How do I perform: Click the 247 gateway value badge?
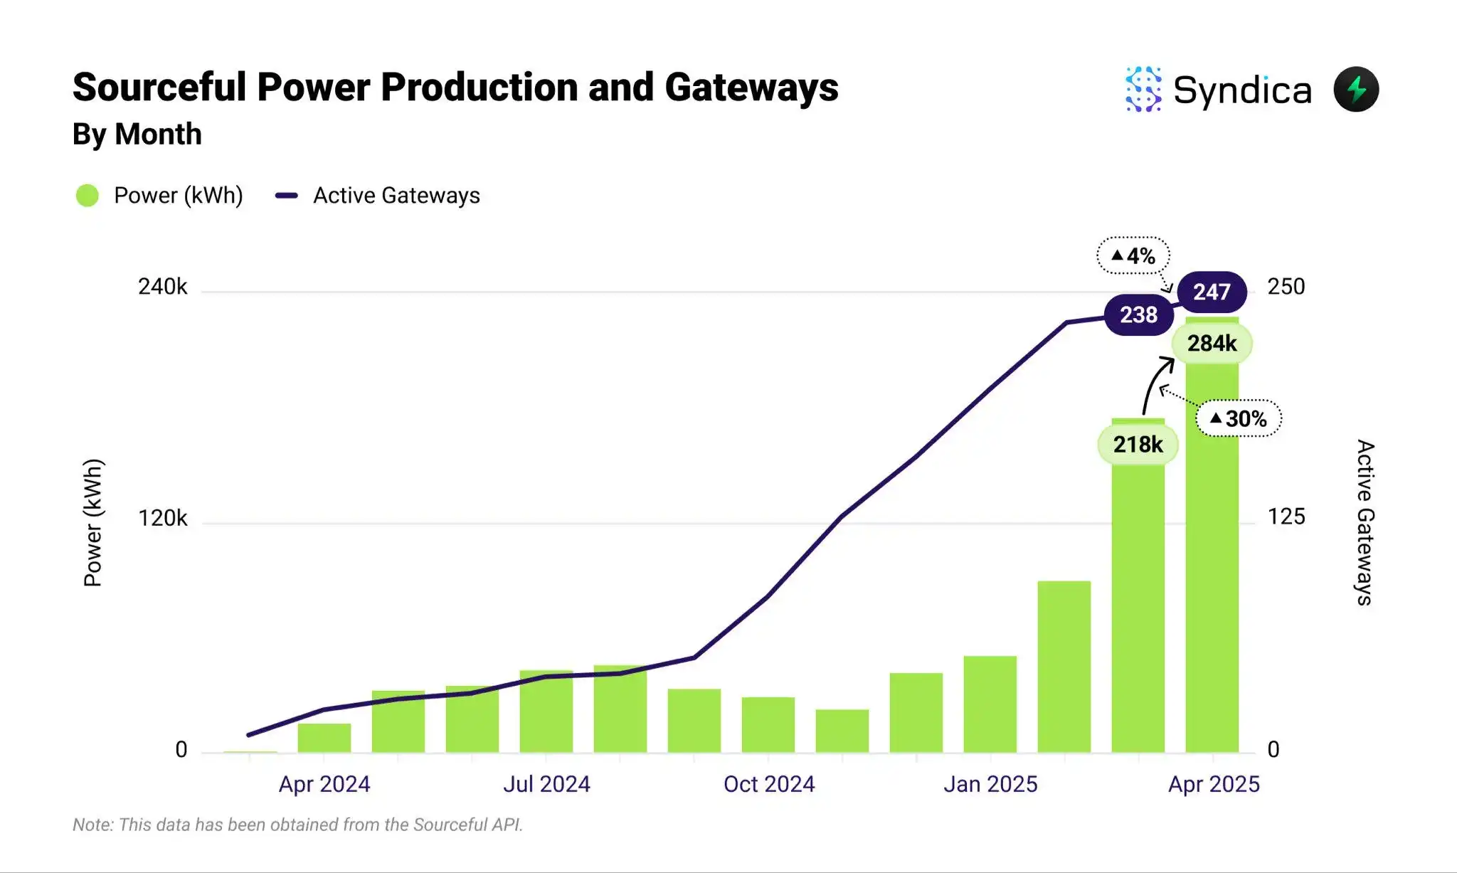(x=1212, y=292)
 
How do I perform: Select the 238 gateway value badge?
(x=1138, y=314)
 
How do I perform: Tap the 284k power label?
(x=1212, y=344)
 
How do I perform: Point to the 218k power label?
(x=1138, y=445)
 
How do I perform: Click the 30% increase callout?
(x=1239, y=418)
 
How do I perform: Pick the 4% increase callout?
(x=1133, y=255)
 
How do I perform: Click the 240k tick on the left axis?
(x=162, y=287)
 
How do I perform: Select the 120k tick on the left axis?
(x=162, y=518)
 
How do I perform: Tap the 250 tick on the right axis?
(x=1286, y=287)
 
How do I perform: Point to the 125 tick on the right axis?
(x=1286, y=517)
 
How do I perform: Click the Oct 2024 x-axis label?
(x=769, y=784)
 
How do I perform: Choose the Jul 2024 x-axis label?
(x=546, y=784)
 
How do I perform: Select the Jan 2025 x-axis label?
(x=990, y=784)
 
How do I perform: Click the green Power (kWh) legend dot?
(x=88, y=196)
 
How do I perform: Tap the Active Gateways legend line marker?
(x=287, y=196)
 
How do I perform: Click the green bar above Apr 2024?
(x=324, y=738)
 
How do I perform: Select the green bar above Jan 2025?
(x=990, y=704)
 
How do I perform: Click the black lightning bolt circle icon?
(x=1356, y=90)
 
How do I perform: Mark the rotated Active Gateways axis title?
(x=1365, y=522)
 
